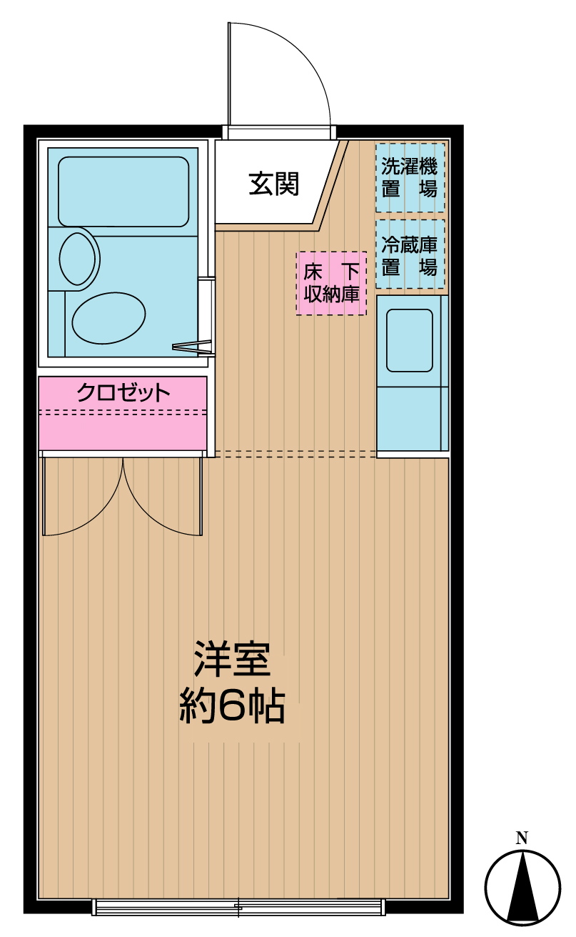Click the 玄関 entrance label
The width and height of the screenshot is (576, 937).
pyautogui.click(x=273, y=184)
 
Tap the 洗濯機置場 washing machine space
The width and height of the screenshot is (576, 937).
pyautogui.click(x=410, y=177)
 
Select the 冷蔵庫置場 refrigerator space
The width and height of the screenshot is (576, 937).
pyautogui.click(x=410, y=255)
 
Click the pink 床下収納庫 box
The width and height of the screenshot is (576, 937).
pyautogui.click(x=331, y=283)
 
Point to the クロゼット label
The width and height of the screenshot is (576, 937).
pyautogui.click(x=123, y=392)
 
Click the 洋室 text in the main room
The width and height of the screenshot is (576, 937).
pyautogui.click(x=232, y=660)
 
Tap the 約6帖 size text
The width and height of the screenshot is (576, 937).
pyautogui.click(x=232, y=707)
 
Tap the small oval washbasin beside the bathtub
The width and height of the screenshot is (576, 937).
pyautogui.click(x=77, y=257)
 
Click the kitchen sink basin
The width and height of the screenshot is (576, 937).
pyautogui.click(x=410, y=339)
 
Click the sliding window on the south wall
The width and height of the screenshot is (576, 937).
pyautogui.click(x=238, y=908)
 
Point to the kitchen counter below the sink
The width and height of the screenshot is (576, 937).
pyautogui.click(x=410, y=418)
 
